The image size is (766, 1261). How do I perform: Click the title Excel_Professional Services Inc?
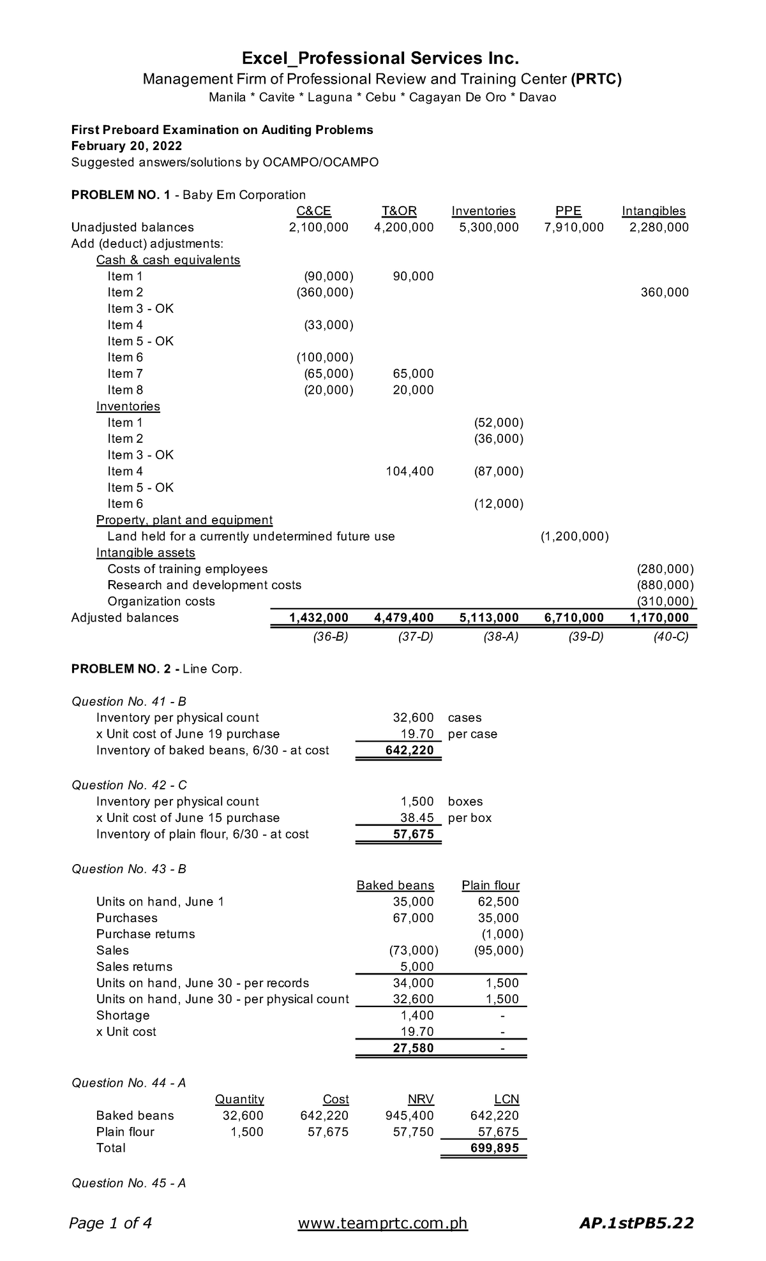(381, 59)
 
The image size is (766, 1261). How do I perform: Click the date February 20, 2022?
(126, 146)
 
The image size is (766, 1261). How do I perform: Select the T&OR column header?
(399, 211)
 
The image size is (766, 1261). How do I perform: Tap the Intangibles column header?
(653, 211)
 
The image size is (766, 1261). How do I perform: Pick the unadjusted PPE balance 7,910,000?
(573, 227)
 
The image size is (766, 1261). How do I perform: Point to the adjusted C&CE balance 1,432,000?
(319, 618)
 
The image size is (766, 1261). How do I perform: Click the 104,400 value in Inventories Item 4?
(409, 471)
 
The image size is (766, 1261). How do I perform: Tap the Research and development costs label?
(204, 585)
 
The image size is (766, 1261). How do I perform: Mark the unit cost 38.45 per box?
(417, 817)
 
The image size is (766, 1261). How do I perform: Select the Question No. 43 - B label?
(128, 869)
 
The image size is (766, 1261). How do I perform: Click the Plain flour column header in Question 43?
(490, 885)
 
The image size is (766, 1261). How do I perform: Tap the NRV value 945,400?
(409, 1115)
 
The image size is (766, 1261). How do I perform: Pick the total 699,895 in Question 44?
(494, 1148)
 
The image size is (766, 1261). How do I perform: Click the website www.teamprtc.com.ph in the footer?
(383, 1223)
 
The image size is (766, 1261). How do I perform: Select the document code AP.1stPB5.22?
(636, 1223)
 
